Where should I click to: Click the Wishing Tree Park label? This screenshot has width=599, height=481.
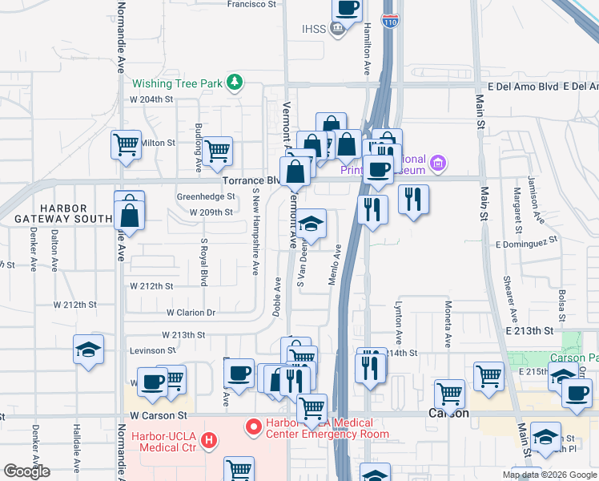(x=177, y=83)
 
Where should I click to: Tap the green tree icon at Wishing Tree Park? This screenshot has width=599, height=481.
(x=235, y=82)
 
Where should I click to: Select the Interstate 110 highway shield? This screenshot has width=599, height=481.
(x=389, y=22)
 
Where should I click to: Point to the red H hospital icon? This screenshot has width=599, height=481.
(x=209, y=440)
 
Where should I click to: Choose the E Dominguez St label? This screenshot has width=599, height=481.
(x=526, y=242)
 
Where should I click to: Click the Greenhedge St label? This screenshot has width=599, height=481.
(x=206, y=196)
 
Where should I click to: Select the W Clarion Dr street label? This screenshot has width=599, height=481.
(x=191, y=313)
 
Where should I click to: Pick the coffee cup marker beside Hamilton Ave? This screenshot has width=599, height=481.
(x=347, y=8)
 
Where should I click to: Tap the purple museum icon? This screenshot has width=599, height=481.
(x=437, y=164)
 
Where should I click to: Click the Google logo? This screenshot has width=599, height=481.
(x=26, y=471)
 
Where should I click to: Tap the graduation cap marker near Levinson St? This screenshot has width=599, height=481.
(x=88, y=350)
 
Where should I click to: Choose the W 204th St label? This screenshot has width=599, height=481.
(x=151, y=99)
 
